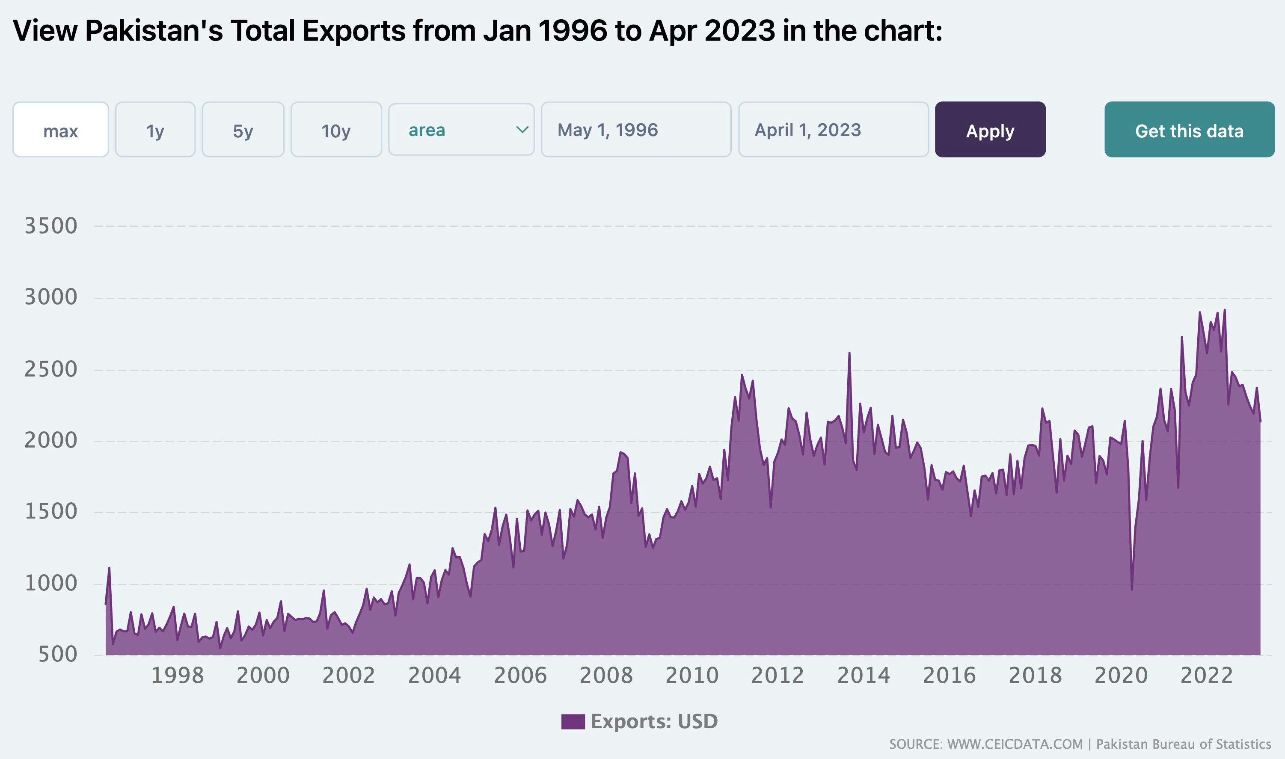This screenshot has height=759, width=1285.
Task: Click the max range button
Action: click(x=60, y=130)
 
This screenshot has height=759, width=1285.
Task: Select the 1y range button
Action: click(x=155, y=130)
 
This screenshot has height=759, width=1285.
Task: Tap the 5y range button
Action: click(x=243, y=130)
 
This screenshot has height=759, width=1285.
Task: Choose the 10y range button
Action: click(x=336, y=130)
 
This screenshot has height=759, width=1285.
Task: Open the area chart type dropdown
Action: click(x=461, y=130)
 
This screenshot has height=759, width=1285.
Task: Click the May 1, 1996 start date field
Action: click(x=636, y=130)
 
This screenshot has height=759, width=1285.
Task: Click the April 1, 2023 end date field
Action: click(x=833, y=130)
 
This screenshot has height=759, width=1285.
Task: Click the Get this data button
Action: click(x=1189, y=130)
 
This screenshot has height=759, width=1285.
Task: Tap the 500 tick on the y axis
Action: click(x=57, y=654)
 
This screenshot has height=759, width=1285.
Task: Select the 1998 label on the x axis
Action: click(x=178, y=676)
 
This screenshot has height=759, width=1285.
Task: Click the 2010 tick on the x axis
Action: click(x=691, y=676)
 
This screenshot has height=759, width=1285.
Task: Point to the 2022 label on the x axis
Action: click(x=1206, y=676)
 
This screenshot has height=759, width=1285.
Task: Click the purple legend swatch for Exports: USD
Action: click(x=573, y=722)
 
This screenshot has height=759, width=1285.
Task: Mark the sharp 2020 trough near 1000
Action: click(x=1131, y=589)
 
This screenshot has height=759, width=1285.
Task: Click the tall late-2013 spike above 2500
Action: click(x=849, y=353)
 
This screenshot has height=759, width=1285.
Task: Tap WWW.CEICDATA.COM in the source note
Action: click(x=1015, y=744)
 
